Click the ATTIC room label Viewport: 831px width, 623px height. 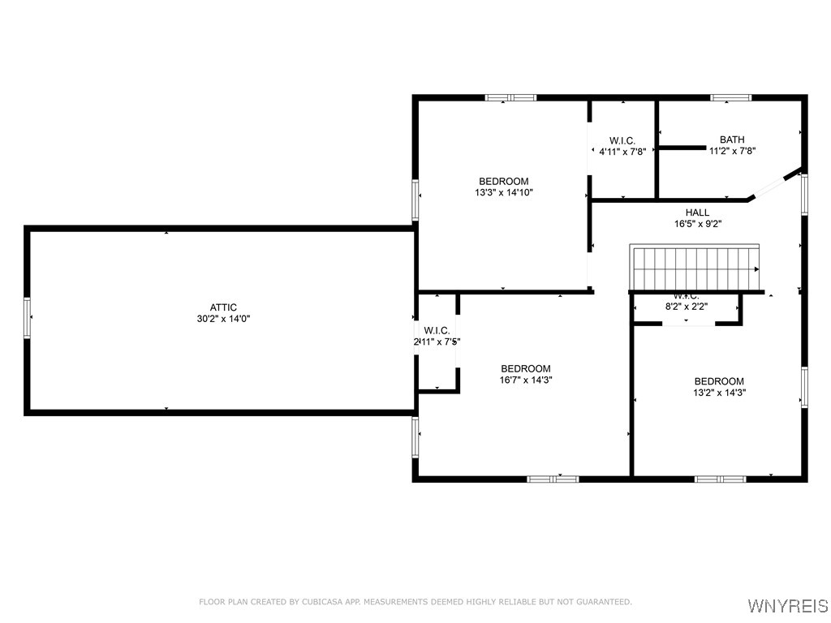point(223,307)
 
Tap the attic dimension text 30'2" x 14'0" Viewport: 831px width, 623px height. point(223,319)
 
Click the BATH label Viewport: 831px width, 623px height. point(731,140)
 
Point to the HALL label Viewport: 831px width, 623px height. point(697,213)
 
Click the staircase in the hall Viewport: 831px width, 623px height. point(695,269)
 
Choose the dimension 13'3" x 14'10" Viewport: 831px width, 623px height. point(503,193)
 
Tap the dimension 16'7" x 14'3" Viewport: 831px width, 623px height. point(525,380)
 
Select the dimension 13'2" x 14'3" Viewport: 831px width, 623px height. point(718,393)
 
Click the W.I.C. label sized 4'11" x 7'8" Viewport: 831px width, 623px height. point(622,140)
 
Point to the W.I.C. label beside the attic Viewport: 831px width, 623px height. point(437,330)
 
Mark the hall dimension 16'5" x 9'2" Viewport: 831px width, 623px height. point(697,224)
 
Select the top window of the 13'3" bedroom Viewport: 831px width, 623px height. point(510,97)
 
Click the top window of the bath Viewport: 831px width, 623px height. point(730,97)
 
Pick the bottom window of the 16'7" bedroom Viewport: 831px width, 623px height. point(553,479)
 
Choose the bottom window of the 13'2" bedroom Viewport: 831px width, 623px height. point(720,479)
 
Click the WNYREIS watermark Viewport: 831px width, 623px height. point(786,606)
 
